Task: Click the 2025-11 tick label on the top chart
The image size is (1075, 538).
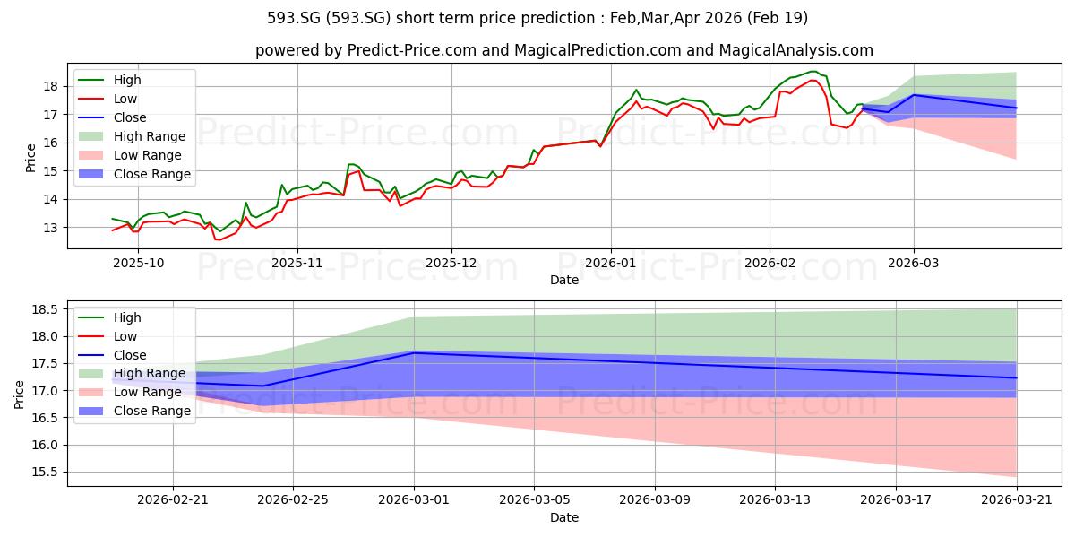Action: click(297, 264)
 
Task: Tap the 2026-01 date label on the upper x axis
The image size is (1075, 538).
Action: click(610, 264)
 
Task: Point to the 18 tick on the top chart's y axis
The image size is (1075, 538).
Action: click(50, 86)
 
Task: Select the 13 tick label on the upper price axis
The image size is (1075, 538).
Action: click(50, 228)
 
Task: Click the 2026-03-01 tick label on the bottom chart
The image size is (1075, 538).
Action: click(414, 500)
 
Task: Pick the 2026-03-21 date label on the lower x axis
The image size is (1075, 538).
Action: click(1017, 500)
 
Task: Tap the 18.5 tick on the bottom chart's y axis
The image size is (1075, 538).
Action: click(45, 309)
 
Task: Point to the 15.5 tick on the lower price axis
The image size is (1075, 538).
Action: click(45, 473)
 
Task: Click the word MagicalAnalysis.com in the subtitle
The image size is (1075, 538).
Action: click(795, 50)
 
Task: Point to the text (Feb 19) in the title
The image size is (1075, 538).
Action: click(778, 18)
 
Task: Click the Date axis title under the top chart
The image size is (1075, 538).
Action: click(564, 280)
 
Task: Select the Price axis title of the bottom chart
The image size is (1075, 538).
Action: click(19, 395)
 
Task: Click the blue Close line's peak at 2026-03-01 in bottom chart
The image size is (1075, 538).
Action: click(414, 352)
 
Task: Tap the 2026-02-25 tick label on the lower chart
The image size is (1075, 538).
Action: click(293, 500)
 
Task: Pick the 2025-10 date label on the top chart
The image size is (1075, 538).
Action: click(138, 264)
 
